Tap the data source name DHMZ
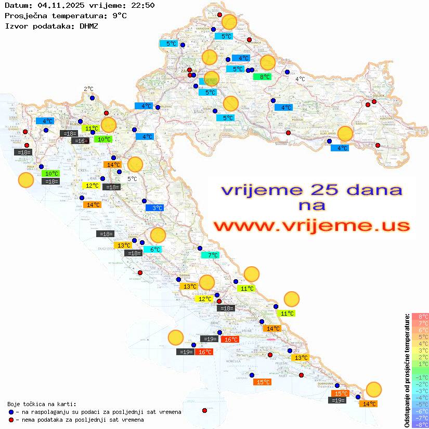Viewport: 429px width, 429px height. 88,25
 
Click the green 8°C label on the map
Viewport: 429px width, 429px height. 263,77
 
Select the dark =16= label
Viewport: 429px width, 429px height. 80,141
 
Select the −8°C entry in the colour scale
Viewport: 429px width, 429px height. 420,424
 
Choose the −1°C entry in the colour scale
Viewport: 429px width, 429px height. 420,378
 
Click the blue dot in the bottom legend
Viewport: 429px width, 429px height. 11,412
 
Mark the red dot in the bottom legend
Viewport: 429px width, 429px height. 11,420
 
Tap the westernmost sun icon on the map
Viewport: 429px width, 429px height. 26,180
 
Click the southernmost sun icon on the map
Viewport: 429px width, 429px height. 373,389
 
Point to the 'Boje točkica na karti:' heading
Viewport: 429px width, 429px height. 42,404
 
